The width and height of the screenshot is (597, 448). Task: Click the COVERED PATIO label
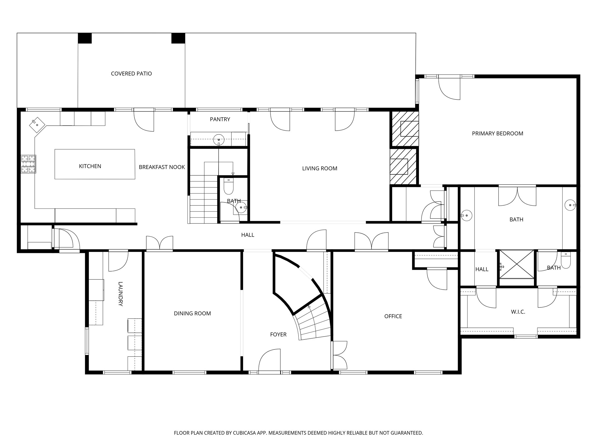tap(131, 73)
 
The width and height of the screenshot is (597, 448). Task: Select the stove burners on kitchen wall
tap(28, 164)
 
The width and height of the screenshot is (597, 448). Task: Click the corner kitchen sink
tap(37, 125)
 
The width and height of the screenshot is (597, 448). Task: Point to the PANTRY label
tap(220, 119)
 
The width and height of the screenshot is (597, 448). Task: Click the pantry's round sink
tap(219, 139)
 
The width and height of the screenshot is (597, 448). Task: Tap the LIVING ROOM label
tap(319, 168)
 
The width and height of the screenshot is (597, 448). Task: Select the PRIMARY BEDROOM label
tap(497, 134)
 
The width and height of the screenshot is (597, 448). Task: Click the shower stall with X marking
tap(517, 264)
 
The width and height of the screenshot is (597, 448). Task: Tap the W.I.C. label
tap(518, 312)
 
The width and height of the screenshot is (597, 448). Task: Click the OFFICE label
tap(393, 316)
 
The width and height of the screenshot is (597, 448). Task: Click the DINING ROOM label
tap(192, 314)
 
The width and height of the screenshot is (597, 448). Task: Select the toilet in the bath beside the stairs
tap(229, 186)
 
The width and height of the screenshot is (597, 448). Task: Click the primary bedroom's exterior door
tap(449, 89)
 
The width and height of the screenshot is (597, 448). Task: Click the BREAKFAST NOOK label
tap(162, 167)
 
